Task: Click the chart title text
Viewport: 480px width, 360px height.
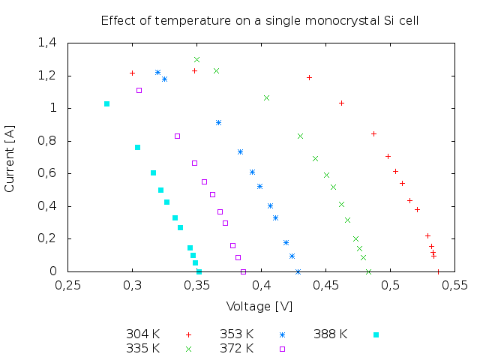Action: click(259, 20)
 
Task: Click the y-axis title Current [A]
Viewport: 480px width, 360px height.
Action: click(10, 158)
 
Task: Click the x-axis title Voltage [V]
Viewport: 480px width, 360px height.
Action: click(259, 306)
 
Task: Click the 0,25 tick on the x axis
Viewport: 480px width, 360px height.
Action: click(68, 285)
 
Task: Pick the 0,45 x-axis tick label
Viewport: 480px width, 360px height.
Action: click(326, 285)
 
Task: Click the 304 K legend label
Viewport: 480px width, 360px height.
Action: click(142, 334)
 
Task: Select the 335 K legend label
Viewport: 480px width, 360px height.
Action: click(142, 348)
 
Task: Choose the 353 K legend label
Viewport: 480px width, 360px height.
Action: click(236, 334)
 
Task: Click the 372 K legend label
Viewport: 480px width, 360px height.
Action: click(236, 348)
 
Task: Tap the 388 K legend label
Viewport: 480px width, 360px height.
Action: click(330, 334)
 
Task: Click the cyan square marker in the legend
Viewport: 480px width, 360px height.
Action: click(376, 334)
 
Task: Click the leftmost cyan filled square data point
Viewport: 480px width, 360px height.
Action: click(106, 103)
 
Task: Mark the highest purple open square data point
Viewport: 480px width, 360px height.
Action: click(139, 90)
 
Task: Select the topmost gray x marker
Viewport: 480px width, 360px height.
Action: click(196, 59)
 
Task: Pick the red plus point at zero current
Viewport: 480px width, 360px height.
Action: click(438, 271)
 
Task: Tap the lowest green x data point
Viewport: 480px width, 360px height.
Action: click(359, 248)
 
